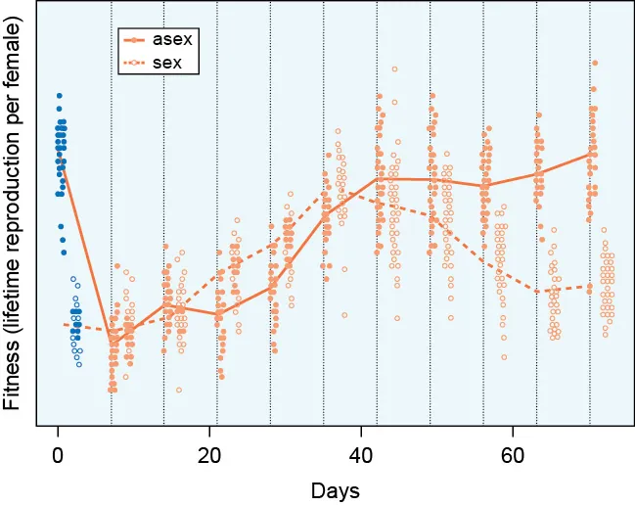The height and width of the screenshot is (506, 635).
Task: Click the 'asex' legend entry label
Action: click(x=178, y=40)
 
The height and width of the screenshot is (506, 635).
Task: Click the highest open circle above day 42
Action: click(x=394, y=69)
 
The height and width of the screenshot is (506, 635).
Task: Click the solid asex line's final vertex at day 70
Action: click(x=591, y=153)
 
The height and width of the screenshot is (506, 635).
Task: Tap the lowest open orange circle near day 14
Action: click(x=179, y=390)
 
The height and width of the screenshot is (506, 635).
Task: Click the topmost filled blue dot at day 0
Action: click(x=59, y=95)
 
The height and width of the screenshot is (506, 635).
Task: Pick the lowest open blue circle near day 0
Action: click(x=79, y=364)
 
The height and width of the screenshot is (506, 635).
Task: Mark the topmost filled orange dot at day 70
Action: click(x=593, y=89)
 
